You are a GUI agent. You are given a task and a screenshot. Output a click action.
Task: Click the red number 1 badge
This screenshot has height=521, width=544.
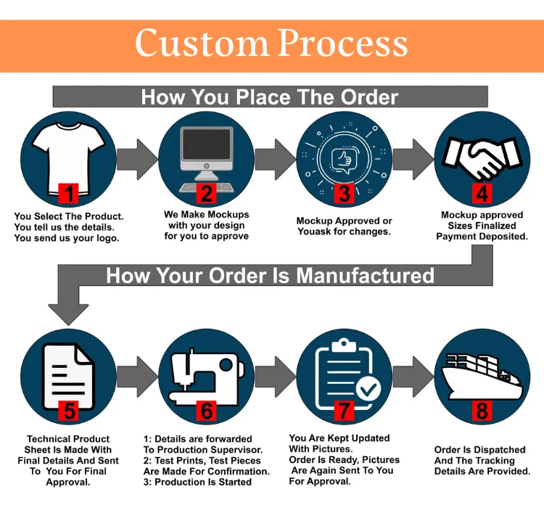69,194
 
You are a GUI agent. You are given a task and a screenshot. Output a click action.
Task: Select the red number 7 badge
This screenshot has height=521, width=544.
344,411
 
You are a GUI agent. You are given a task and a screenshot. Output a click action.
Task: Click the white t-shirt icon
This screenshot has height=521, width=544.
68,152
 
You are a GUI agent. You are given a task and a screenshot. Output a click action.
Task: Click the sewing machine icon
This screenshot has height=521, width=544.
205,370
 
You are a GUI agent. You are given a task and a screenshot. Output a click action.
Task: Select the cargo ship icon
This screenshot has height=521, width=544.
480,372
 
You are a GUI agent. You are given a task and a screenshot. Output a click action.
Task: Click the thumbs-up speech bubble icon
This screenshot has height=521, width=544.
343,157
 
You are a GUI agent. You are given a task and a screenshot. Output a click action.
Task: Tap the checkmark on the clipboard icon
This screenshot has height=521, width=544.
368,389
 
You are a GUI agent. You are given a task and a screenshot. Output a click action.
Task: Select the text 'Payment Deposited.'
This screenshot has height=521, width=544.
482,237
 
